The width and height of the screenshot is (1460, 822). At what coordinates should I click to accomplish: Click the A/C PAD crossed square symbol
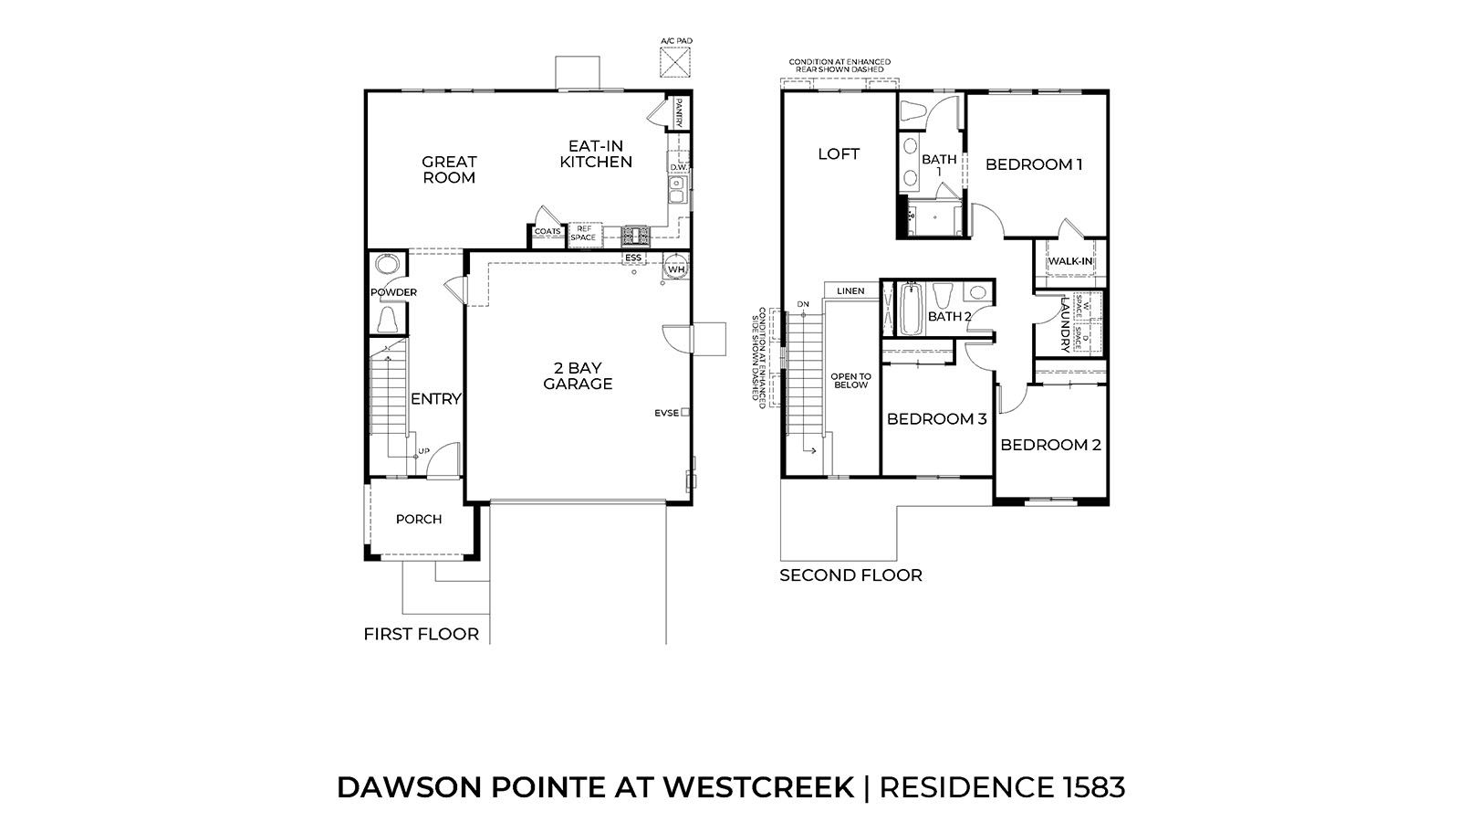point(675,63)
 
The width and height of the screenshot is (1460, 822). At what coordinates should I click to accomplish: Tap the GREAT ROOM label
point(449,170)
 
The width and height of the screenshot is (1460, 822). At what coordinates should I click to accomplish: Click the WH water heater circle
point(676,269)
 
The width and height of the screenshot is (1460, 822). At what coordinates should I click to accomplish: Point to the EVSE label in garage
point(666,413)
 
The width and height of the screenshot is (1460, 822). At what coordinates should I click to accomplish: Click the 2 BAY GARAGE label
point(578,376)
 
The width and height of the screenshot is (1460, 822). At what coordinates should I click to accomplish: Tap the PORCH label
point(419,519)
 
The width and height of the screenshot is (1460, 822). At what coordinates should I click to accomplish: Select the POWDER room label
point(393,292)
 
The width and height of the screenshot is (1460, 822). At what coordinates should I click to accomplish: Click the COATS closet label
point(547,232)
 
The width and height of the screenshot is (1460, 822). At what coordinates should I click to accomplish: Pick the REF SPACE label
point(584,233)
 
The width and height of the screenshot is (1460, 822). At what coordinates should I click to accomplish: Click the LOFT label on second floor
point(838,154)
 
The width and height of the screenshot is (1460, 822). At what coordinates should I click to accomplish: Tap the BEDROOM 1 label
point(1034,164)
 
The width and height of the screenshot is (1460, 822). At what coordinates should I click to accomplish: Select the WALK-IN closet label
point(1069,261)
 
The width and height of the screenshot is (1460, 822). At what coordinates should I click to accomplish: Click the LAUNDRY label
point(1064,323)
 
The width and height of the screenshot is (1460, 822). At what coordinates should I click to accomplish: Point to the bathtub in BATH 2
point(910,311)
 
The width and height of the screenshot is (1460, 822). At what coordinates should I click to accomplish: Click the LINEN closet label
point(850,291)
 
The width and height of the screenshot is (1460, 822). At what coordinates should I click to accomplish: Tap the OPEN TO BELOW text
point(850,381)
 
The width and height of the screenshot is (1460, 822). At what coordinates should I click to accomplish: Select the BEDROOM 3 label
point(936,419)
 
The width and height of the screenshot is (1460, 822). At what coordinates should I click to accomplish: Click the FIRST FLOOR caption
point(421,634)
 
